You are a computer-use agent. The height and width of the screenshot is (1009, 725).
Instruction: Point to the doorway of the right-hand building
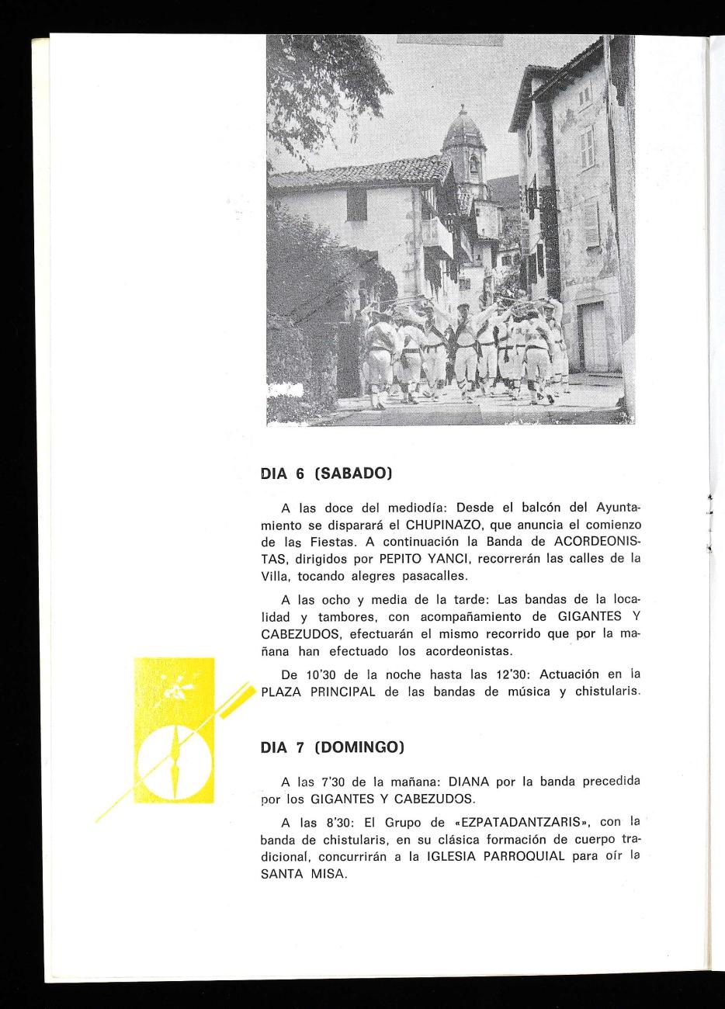[594, 336]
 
